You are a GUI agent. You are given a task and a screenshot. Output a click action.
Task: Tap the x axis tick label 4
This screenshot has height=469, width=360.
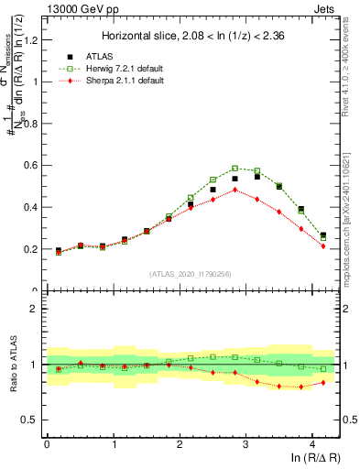point(312,444)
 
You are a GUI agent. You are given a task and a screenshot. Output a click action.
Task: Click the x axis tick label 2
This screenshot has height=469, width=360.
point(180,444)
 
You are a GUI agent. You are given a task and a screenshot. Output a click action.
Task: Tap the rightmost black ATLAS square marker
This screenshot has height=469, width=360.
point(322,235)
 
